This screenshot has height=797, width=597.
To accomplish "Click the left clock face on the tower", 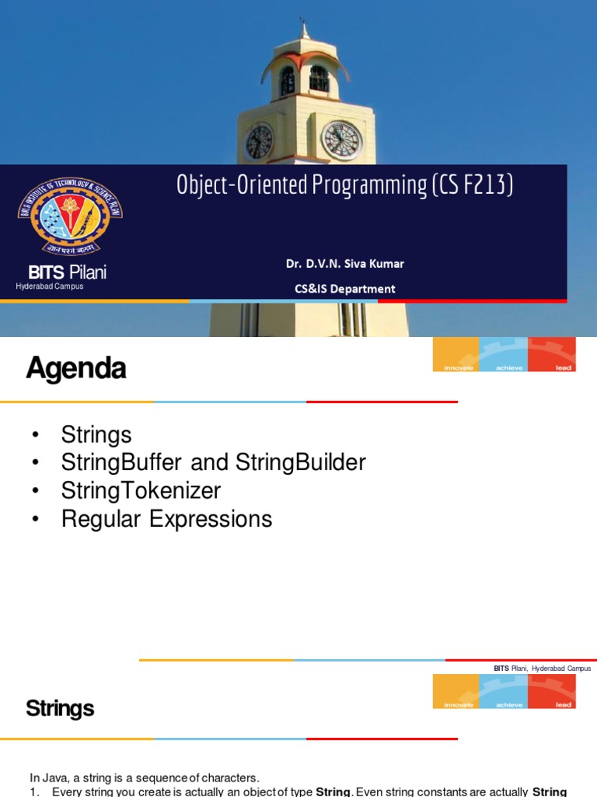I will [259, 141].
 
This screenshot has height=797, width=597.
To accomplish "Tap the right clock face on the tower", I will [342, 140].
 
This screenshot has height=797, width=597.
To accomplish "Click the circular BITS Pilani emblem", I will [70, 213].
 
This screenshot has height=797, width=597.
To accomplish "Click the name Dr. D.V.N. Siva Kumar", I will [344, 263].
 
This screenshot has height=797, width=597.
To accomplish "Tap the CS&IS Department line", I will [344, 289].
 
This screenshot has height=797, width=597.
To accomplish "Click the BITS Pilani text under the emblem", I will [68, 272].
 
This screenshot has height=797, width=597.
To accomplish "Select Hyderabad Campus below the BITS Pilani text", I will [49, 286].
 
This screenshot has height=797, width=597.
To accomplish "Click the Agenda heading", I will [75, 369].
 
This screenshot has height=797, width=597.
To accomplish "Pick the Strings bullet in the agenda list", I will [96, 434].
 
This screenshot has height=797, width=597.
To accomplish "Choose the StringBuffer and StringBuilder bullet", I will [213, 462].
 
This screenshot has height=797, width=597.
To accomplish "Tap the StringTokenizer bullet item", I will [141, 490].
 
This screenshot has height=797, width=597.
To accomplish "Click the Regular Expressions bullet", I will [166, 518].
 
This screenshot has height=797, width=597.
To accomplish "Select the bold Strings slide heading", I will [60, 708].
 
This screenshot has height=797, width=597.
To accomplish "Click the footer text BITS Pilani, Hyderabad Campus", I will [542, 668].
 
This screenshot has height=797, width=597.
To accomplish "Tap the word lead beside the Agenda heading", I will [563, 367].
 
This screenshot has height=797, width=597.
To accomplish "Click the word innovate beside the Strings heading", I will [458, 704].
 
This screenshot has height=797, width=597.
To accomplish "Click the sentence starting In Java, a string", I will [144, 777].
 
